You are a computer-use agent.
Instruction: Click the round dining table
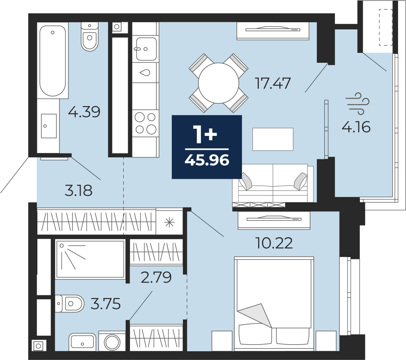click(219, 83)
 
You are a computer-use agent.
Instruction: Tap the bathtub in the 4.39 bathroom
click(52, 60)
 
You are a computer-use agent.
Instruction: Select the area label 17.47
click(273, 83)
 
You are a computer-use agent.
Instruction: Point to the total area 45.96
click(207, 160)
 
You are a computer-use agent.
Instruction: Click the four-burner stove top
click(145, 123)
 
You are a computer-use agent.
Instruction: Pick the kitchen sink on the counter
click(146, 49)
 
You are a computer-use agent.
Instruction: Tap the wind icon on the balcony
click(359, 104)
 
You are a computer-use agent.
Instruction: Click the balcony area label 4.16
click(356, 127)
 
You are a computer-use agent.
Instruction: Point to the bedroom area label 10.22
click(274, 243)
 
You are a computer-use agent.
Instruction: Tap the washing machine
click(112, 341)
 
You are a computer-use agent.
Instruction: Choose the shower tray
click(90, 259)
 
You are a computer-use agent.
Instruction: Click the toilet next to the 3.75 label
click(70, 303)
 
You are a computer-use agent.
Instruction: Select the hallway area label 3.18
click(78, 190)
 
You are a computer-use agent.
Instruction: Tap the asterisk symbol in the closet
click(169, 222)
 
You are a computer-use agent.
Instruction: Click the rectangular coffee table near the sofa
click(273, 139)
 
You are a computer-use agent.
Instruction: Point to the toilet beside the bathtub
click(89, 37)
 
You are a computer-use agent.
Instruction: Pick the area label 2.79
click(156, 277)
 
